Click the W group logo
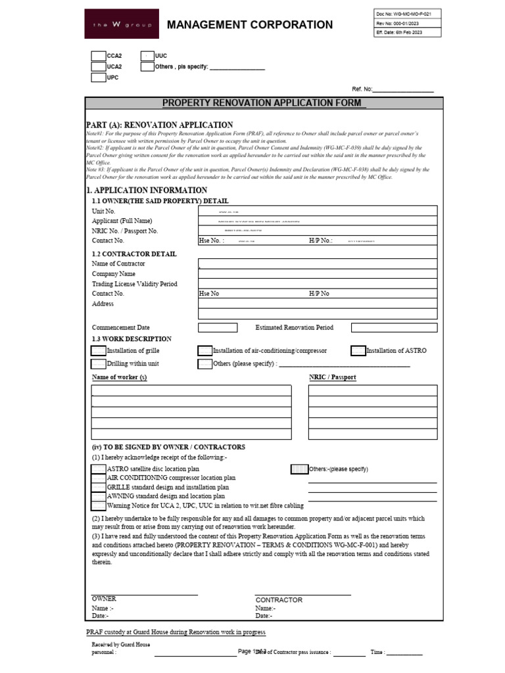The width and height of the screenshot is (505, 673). pyautogui.click(x=121, y=24)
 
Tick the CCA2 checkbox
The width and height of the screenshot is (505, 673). pyautogui.click(x=98, y=57)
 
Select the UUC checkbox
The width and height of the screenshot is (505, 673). pyautogui.click(x=147, y=57)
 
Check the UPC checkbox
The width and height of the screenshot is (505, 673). pyautogui.click(x=98, y=78)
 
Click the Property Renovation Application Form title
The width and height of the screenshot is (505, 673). pyautogui.click(x=264, y=103)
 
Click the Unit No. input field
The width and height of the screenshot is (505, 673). pyautogui.click(x=318, y=212)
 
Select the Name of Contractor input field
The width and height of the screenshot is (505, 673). pyautogui.click(x=318, y=264)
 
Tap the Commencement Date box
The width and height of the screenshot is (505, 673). pyautogui.click(x=218, y=327)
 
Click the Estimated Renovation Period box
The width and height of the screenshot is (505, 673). pyautogui.click(x=394, y=327)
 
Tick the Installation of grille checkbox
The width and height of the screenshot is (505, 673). pyautogui.click(x=98, y=351)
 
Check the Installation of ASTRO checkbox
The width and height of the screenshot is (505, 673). pyautogui.click(x=358, y=351)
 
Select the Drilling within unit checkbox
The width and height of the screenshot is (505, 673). pyautogui.click(x=98, y=363)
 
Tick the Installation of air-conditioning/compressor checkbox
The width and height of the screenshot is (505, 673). pyautogui.click(x=205, y=351)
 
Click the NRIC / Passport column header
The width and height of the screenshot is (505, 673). pyautogui.click(x=333, y=377)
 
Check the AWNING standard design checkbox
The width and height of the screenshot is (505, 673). pyautogui.click(x=98, y=497)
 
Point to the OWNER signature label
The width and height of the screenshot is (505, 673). pyautogui.click(x=104, y=599)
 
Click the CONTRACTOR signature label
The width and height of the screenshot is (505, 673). pyautogui.click(x=279, y=600)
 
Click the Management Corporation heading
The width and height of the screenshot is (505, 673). pyautogui.click(x=250, y=25)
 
